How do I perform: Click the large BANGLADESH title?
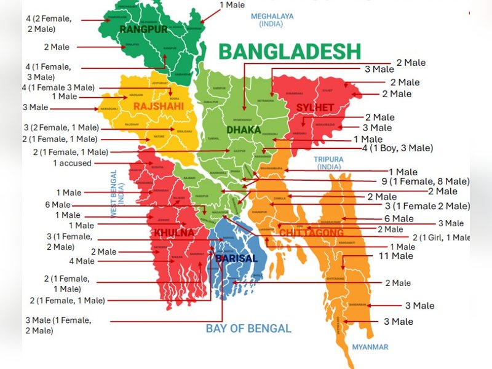(289, 51)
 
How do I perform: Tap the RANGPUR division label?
(143, 30)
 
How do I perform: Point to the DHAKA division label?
(244, 130)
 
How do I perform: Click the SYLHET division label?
(315, 108)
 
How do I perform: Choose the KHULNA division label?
(173, 233)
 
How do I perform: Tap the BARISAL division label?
(236, 258)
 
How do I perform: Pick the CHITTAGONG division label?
(311, 232)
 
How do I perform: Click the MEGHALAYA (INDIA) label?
(272, 20)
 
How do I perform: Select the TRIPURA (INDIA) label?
(330, 162)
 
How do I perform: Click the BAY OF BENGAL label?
(248, 328)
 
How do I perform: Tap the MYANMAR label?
(370, 347)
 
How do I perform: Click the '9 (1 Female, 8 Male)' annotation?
(426, 181)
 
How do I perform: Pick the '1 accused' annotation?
(72, 163)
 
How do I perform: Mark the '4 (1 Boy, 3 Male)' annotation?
(397, 148)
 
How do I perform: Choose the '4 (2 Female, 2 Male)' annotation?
(49, 23)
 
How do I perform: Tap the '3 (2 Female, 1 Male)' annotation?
(61, 128)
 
